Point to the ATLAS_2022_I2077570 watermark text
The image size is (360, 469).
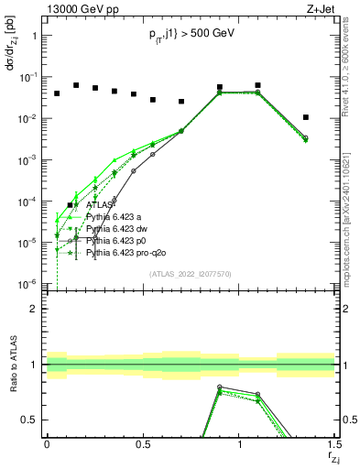tap(190, 273)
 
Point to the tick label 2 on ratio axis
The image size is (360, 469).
tap(34, 309)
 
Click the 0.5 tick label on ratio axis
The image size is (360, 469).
tap(30, 420)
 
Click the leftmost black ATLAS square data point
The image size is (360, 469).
tap(57, 93)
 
